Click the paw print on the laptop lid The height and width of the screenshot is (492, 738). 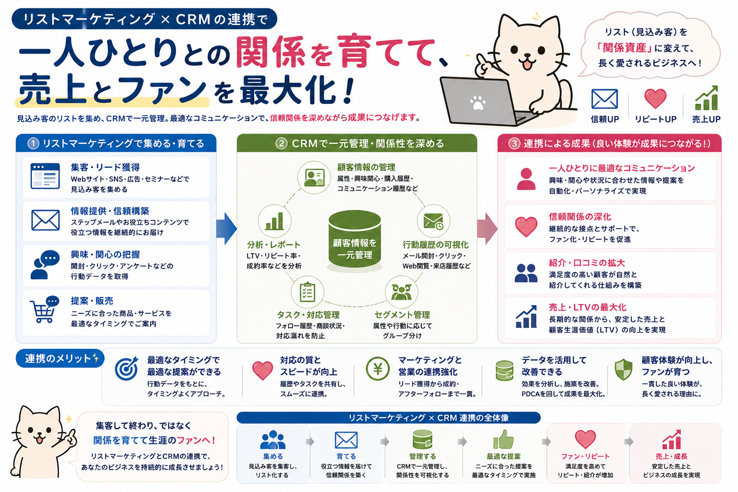[x=478, y=102]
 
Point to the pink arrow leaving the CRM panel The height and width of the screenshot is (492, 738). [x=487, y=228]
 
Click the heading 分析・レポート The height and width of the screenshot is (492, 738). [x=274, y=245]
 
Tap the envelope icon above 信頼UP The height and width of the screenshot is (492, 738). [x=604, y=99]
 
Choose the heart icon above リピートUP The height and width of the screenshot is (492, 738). [x=655, y=98]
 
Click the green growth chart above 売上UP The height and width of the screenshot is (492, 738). [x=706, y=98]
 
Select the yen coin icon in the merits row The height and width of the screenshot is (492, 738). [x=378, y=369]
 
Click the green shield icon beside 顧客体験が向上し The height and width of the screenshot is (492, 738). [x=623, y=369]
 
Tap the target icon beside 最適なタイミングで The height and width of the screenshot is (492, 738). [x=127, y=369]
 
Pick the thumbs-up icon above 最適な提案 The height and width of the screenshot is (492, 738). [x=504, y=439]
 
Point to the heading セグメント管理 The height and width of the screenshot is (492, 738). [x=402, y=315]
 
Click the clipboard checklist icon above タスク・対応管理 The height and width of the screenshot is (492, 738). [x=307, y=292]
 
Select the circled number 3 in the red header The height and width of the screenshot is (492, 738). [x=514, y=143]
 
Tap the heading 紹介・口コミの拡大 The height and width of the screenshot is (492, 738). [x=587, y=263]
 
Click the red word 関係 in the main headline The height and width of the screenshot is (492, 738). [x=270, y=52]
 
